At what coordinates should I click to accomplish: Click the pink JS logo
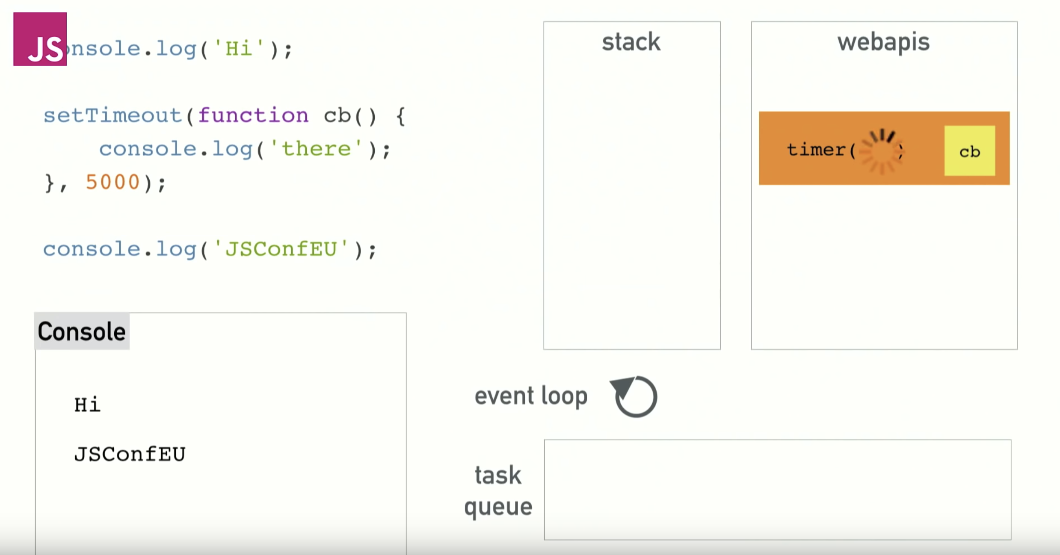pyautogui.click(x=40, y=39)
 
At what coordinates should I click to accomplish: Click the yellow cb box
pyautogui.click(x=969, y=151)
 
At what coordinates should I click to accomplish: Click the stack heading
pyautogui.click(x=631, y=42)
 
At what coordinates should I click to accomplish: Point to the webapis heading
pyautogui.click(x=883, y=42)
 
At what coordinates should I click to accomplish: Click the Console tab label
pyautogui.click(x=82, y=331)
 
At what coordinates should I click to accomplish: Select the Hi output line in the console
pyautogui.click(x=87, y=404)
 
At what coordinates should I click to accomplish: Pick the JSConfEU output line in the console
pyautogui.click(x=130, y=454)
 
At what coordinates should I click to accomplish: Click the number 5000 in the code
pyautogui.click(x=113, y=183)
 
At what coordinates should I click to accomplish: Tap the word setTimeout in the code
pyautogui.click(x=113, y=115)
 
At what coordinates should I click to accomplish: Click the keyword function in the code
pyautogui.click(x=253, y=115)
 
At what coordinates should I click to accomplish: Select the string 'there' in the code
pyautogui.click(x=316, y=149)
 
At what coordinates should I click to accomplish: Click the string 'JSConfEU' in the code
pyautogui.click(x=281, y=249)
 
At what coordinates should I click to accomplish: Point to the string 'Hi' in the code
pyautogui.click(x=238, y=49)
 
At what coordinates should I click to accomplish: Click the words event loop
pyautogui.click(x=531, y=396)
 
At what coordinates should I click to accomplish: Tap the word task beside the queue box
pyautogui.click(x=498, y=475)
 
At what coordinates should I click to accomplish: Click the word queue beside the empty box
pyautogui.click(x=498, y=507)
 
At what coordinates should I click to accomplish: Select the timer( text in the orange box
pyautogui.click(x=820, y=150)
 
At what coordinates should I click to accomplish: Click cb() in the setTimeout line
pyautogui.click(x=350, y=115)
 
